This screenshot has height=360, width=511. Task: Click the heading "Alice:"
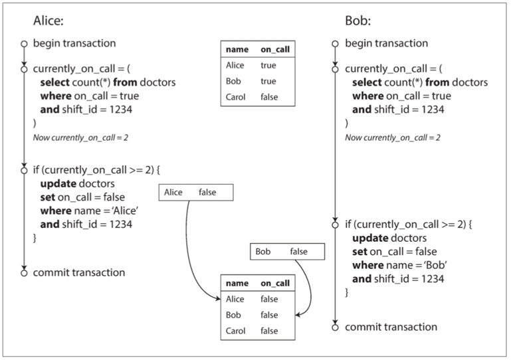49,21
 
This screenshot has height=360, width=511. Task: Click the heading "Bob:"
358,21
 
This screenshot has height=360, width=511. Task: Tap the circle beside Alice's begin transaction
24,44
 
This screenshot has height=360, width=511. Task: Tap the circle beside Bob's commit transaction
336,327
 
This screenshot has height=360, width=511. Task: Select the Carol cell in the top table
235,97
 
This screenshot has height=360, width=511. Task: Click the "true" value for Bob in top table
268,81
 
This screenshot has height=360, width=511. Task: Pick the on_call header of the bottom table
275,283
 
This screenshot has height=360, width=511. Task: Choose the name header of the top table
237,50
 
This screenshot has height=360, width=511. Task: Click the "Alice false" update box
196,193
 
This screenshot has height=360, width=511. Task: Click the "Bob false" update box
288,252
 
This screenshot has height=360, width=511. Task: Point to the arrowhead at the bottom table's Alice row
219,299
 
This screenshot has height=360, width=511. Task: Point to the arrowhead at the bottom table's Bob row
298,315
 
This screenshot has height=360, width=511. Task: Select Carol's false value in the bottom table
269,331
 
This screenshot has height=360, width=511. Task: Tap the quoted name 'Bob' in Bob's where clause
435,265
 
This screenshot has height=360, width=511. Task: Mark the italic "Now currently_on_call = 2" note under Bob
393,137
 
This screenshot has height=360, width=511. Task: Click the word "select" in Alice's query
54,82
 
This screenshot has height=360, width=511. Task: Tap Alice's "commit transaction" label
79,272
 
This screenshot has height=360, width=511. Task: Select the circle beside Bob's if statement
336,225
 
